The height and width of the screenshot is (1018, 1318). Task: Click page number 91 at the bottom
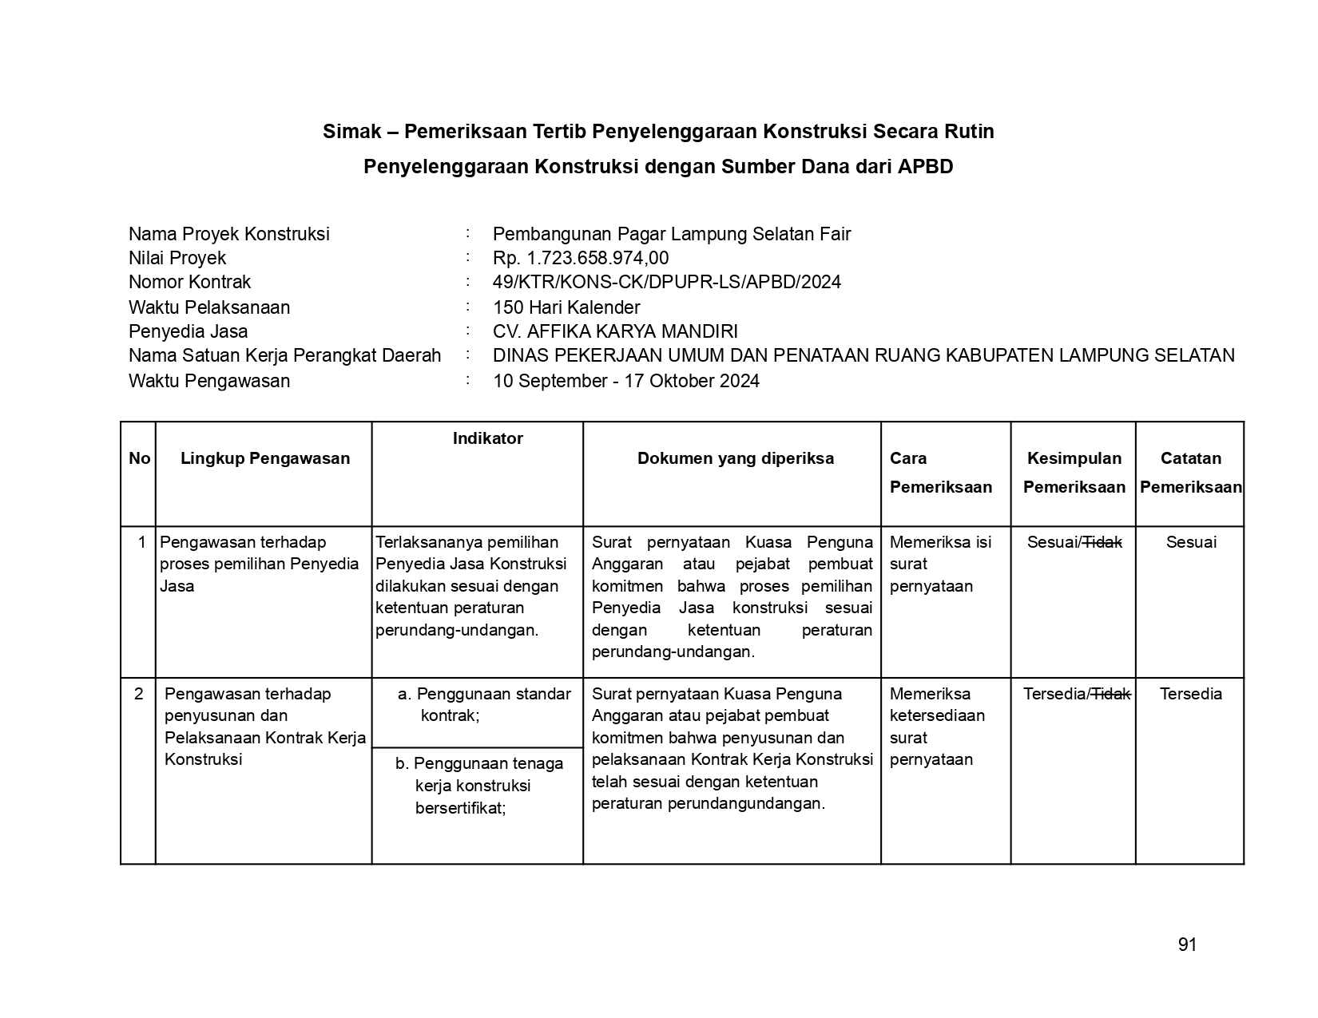click(x=1187, y=945)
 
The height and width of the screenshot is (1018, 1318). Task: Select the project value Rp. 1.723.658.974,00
click(x=581, y=258)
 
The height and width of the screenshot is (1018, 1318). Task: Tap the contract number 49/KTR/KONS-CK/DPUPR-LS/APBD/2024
click(x=666, y=282)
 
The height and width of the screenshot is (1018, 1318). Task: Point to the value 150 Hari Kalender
click(x=566, y=307)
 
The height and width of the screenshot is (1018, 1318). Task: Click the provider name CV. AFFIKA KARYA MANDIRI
click(x=615, y=331)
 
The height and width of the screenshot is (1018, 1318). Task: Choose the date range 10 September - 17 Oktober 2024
click(x=626, y=381)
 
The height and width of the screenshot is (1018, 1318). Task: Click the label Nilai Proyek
click(x=177, y=258)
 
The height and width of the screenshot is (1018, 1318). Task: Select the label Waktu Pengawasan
click(x=209, y=381)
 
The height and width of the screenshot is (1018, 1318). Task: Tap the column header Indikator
click(x=487, y=438)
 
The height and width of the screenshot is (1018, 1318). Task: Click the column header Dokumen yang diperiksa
click(x=735, y=458)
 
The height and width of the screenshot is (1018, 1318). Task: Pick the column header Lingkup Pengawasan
click(x=265, y=458)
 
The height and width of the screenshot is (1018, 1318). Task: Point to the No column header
click(x=139, y=458)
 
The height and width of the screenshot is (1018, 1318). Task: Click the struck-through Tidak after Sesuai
click(x=1102, y=543)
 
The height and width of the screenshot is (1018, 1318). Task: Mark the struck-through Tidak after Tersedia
click(x=1111, y=694)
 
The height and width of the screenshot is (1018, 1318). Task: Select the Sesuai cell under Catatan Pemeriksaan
click(x=1191, y=543)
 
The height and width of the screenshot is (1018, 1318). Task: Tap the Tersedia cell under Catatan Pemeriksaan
click(x=1190, y=694)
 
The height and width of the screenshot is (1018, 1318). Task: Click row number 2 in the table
click(x=139, y=694)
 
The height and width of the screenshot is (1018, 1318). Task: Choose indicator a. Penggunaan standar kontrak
click(x=484, y=704)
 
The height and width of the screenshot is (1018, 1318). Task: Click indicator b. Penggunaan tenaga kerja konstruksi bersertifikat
click(x=479, y=786)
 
